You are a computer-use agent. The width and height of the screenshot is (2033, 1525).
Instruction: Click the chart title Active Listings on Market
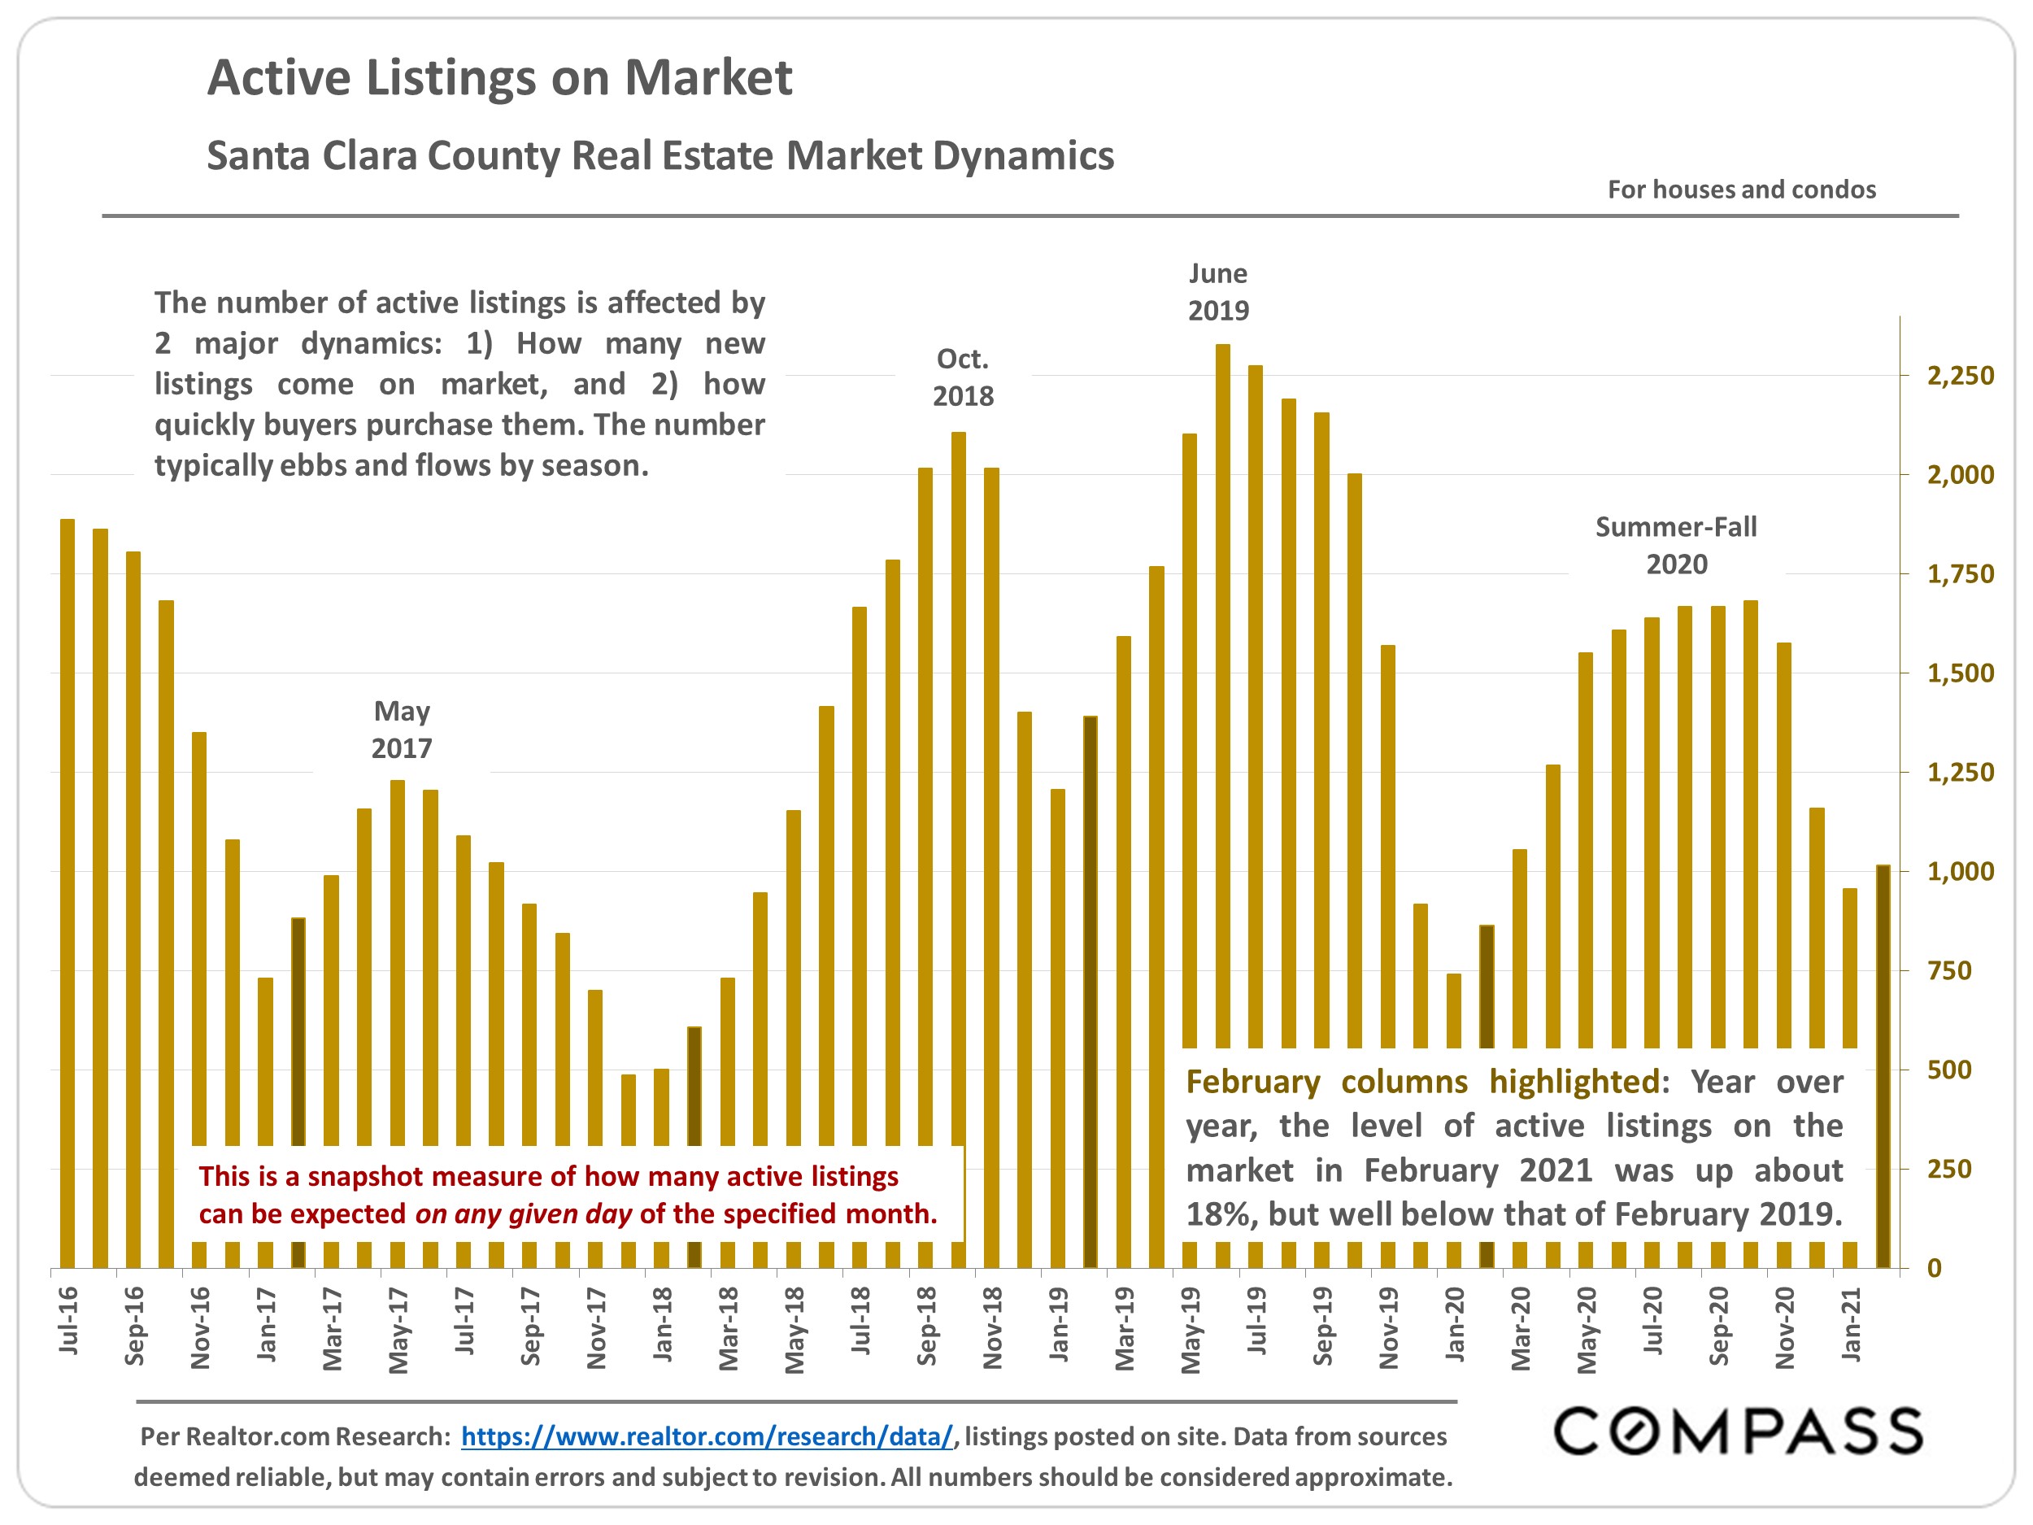pyautogui.click(x=499, y=77)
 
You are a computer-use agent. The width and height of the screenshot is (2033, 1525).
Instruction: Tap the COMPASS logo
pyautogui.click(x=1737, y=1431)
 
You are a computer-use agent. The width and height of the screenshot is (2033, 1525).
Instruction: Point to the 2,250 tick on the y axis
pyautogui.click(x=1961, y=375)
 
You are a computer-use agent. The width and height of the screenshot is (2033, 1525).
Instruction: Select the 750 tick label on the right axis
pyautogui.click(x=1948, y=969)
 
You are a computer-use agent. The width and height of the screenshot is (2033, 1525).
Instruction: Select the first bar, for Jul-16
pyautogui.click(x=67, y=891)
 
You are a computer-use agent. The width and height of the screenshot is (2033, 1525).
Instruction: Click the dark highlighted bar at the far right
pyautogui.click(x=1883, y=1066)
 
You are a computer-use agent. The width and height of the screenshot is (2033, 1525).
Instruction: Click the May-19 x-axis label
pyautogui.click(x=1191, y=1329)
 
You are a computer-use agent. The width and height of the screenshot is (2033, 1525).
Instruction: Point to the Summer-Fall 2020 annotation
pyautogui.click(x=1675, y=545)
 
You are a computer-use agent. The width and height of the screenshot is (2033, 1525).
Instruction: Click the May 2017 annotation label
pyautogui.click(x=402, y=729)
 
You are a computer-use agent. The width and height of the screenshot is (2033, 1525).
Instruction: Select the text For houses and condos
pyautogui.click(x=1741, y=190)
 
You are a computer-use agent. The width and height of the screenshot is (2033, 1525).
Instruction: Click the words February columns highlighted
pyautogui.click(x=1423, y=1081)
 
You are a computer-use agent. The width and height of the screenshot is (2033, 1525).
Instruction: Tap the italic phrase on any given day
pyautogui.click(x=523, y=1213)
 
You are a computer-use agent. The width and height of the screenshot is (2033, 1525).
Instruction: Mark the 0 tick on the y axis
pyautogui.click(x=1935, y=1268)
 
